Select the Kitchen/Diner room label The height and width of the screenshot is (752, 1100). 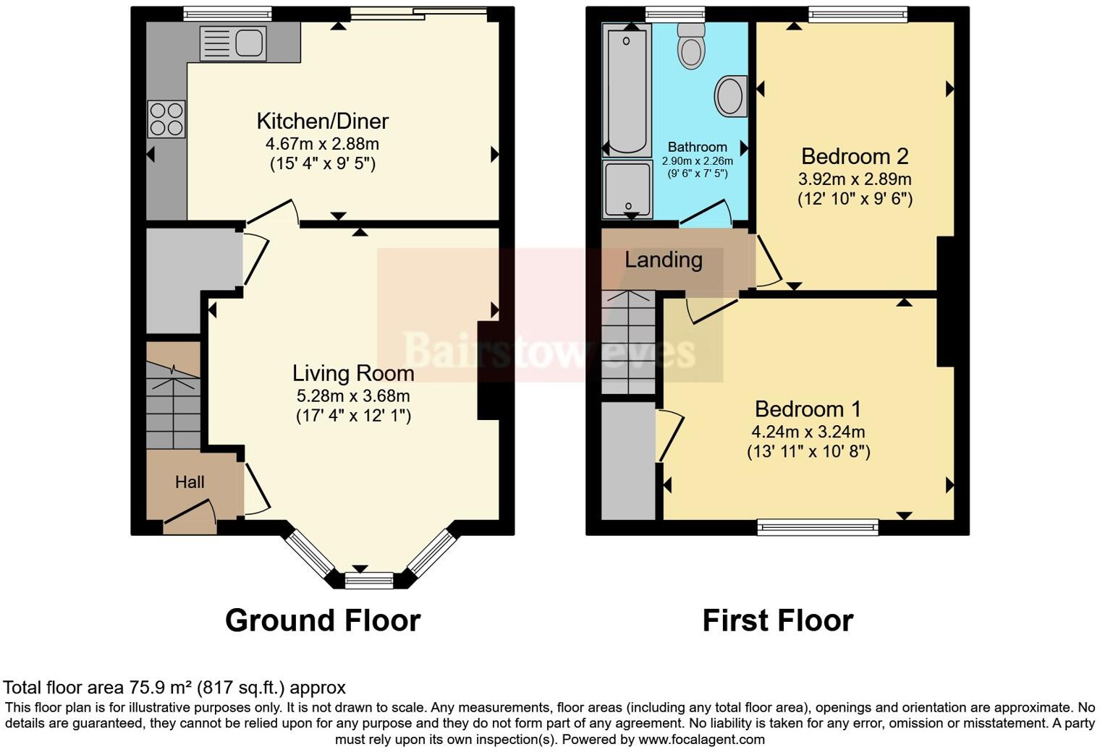tap(323, 121)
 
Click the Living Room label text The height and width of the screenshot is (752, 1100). tap(353, 373)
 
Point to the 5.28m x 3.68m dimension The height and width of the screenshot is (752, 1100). tap(353, 396)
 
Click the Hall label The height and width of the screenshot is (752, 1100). tap(190, 482)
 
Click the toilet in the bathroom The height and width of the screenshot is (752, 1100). tap(691, 45)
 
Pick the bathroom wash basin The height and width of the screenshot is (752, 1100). tap(731, 96)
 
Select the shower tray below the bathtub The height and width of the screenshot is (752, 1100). tap(627, 189)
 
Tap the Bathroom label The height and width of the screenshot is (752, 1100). tap(697, 147)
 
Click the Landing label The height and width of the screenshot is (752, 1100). tap(664, 260)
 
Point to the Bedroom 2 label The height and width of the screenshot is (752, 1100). tap(855, 156)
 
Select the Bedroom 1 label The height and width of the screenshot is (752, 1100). tap(808, 409)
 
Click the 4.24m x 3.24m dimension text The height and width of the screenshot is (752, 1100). tap(808, 432)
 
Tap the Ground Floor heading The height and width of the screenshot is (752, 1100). tap(323, 620)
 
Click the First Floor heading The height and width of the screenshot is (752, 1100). tap(778, 620)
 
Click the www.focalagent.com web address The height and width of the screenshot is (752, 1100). tap(701, 739)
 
